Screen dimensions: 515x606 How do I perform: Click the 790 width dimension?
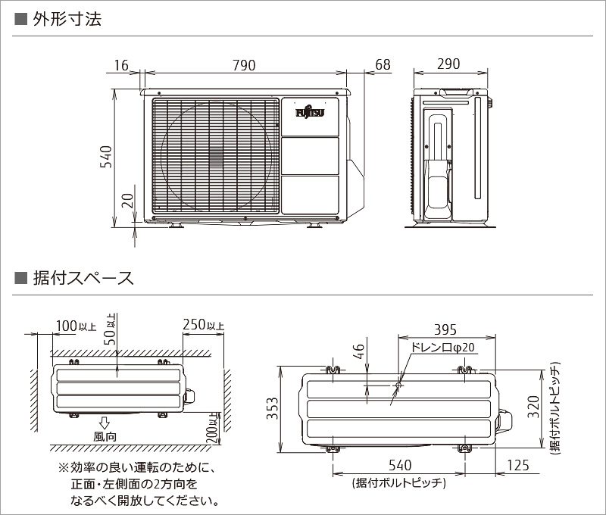pyautogui.click(x=243, y=65)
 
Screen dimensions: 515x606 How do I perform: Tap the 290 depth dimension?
pyautogui.click(x=448, y=64)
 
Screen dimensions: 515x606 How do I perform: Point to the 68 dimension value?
pyautogui.click(x=383, y=65)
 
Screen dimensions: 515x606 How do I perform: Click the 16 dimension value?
pyautogui.click(x=121, y=65)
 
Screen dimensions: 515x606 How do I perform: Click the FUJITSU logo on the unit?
pyautogui.click(x=309, y=113)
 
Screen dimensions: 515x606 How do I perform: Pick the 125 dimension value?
pyautogui.click(x=517, y=464)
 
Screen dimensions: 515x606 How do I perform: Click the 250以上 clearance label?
pyautogui.click(x=203, y=326)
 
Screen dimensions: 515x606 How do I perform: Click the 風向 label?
pyautogui.click(x=105, y=436)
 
